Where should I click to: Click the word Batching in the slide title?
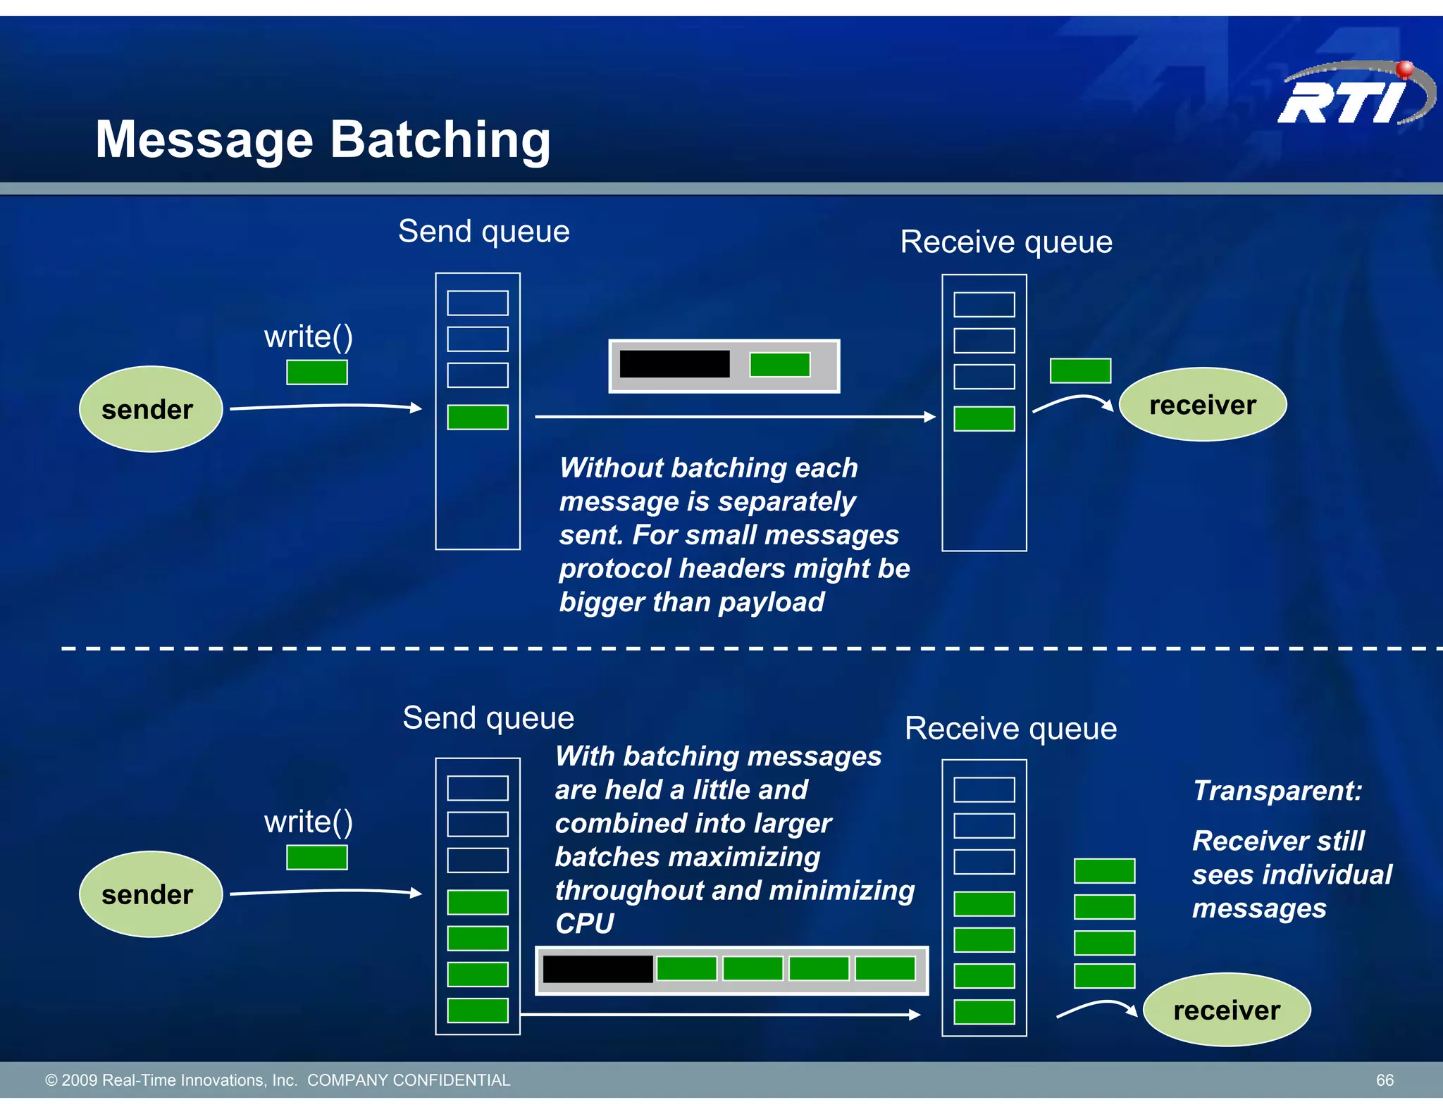click(440, 139)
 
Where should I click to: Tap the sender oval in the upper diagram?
click(150, 409)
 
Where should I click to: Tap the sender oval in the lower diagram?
click(150, 894)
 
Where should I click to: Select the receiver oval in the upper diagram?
click(1202, 405)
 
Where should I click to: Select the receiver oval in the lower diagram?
click(1226, 1010)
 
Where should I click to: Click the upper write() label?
click(308, 337)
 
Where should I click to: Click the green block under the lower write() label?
click(316, 858)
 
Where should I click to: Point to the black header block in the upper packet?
click(674, 364)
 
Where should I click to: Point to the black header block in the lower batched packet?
click(597, 969)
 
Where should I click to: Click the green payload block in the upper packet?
click(779, 365)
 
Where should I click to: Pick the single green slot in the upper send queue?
click(477, 417)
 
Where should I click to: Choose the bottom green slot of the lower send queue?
click(477, 1010)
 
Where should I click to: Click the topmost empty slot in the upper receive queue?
click(984, 305)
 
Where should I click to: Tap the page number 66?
click(1384, 1080)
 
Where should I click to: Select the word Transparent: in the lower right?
click(1277, 791)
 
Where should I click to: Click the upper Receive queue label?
click(1006, 242)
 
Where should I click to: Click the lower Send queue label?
click(488, 718)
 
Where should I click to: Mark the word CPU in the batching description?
click(584, 923)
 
